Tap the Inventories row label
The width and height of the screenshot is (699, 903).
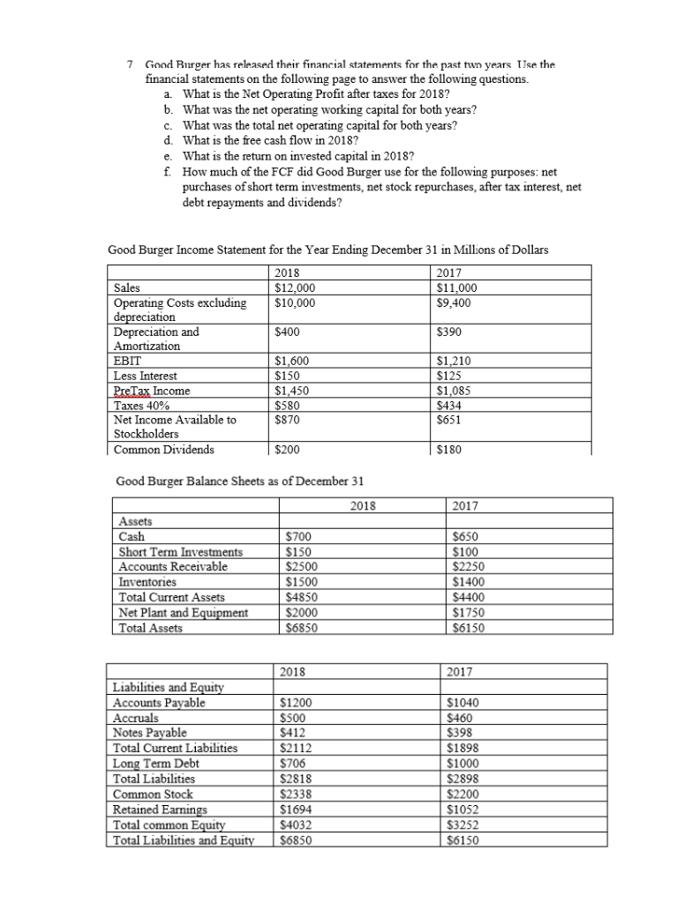[x=147, y=582]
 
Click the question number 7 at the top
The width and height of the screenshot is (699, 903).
[x=131, y=65]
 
